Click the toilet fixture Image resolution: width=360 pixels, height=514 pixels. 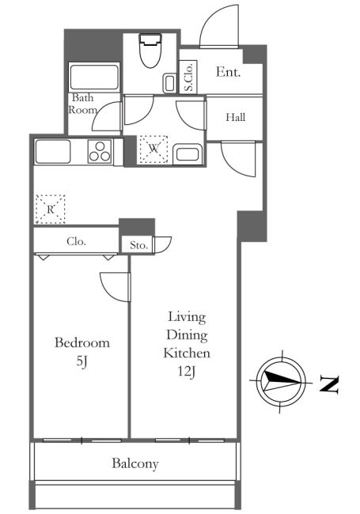tap(150, 50)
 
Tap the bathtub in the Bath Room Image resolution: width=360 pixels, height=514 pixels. tap(94, 77)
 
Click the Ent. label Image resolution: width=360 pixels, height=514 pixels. tap(228, 72)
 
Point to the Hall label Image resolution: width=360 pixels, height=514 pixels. tap(236, 117)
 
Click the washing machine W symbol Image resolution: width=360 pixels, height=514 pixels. tap(153, 149)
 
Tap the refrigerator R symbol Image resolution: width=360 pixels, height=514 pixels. tap(50, 209)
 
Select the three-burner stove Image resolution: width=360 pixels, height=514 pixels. tap(100, 152)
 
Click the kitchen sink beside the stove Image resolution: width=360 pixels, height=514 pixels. tap(53, 152)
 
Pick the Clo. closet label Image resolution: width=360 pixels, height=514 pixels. tap(77, 242)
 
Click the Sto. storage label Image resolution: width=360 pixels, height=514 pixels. tap(138, 245)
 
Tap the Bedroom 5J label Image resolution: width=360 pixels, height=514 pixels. tap(82, 351)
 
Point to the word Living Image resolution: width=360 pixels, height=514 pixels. tap(187, 317)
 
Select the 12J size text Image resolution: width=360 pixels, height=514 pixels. tap(187, 372)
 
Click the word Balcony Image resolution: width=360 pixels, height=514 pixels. tap(135, 464)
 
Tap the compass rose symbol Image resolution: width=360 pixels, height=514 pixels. tap(281, 382)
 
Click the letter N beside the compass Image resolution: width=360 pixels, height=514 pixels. tap(329, 384)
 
